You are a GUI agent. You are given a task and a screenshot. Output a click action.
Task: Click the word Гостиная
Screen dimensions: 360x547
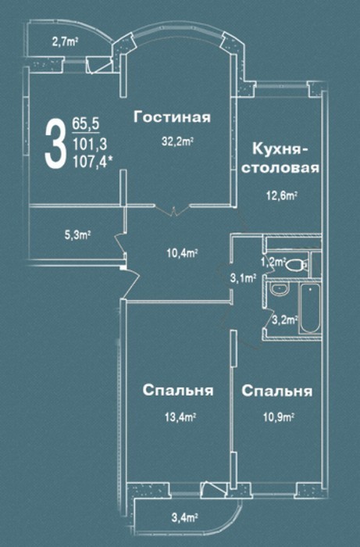point(172,117)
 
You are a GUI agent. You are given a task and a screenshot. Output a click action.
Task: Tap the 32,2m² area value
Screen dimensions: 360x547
point(178,142)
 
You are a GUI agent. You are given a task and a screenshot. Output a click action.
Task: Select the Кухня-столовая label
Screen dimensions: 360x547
point(280,159)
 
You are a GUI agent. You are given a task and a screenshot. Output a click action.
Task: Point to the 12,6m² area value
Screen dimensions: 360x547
point(281,195)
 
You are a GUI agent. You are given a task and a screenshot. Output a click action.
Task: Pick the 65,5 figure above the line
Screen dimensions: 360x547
point(86,123)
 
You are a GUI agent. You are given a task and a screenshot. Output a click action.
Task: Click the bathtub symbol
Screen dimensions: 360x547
point(310,309)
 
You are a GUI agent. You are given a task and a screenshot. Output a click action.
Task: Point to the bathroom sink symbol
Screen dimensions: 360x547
point(280,289)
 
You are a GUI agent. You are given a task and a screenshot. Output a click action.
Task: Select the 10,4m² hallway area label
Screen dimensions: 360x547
point(182,253)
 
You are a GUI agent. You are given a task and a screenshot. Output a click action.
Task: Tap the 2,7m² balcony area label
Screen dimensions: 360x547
point(65,42)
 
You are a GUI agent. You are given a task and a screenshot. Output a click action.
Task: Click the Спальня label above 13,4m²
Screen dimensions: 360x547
point(178,391)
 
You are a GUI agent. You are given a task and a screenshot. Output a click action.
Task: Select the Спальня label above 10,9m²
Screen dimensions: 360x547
point(277,391)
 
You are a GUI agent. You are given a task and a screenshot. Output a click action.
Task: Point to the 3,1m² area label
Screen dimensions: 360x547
point(243,279)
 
